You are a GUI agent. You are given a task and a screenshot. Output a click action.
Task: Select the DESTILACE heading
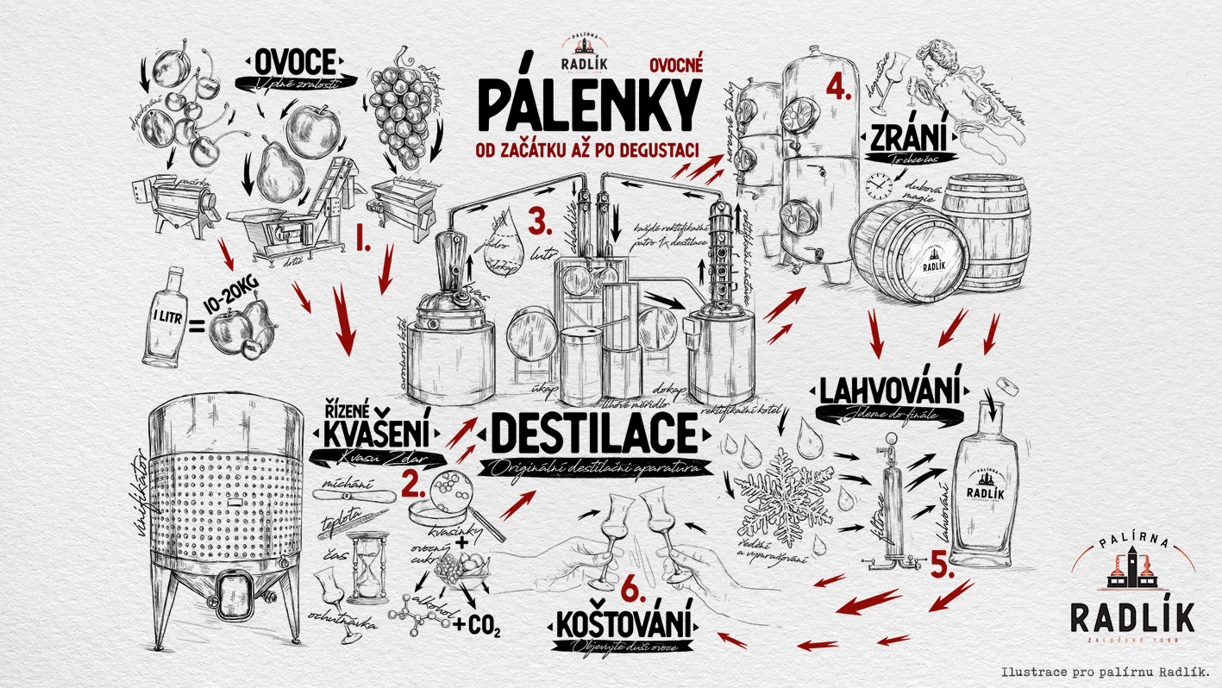coord(592,434)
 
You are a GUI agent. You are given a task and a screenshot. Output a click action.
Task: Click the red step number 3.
coord(540,222)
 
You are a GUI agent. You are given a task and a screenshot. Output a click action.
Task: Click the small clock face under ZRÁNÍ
coord(878,184)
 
